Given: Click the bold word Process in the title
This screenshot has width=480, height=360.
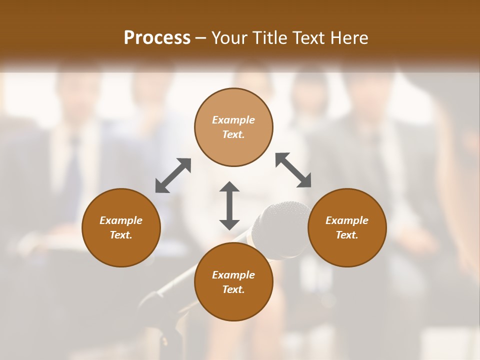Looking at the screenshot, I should [157, 37].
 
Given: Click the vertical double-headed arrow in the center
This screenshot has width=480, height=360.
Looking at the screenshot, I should [229, 205].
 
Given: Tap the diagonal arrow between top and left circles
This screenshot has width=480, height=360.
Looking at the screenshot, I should [173, 175].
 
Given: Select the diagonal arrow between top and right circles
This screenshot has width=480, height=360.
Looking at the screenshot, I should [293, 170].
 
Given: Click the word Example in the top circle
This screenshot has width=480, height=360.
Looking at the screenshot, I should [233, 120].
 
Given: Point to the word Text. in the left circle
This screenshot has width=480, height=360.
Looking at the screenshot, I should [121, 235].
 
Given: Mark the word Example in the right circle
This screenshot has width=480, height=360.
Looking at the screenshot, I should [347, 220].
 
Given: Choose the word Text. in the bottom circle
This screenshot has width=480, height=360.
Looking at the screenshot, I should [233, 289].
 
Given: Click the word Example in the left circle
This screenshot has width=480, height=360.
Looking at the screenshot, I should [121, 220].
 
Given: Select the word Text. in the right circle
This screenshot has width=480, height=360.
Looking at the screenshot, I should [347, 235].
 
